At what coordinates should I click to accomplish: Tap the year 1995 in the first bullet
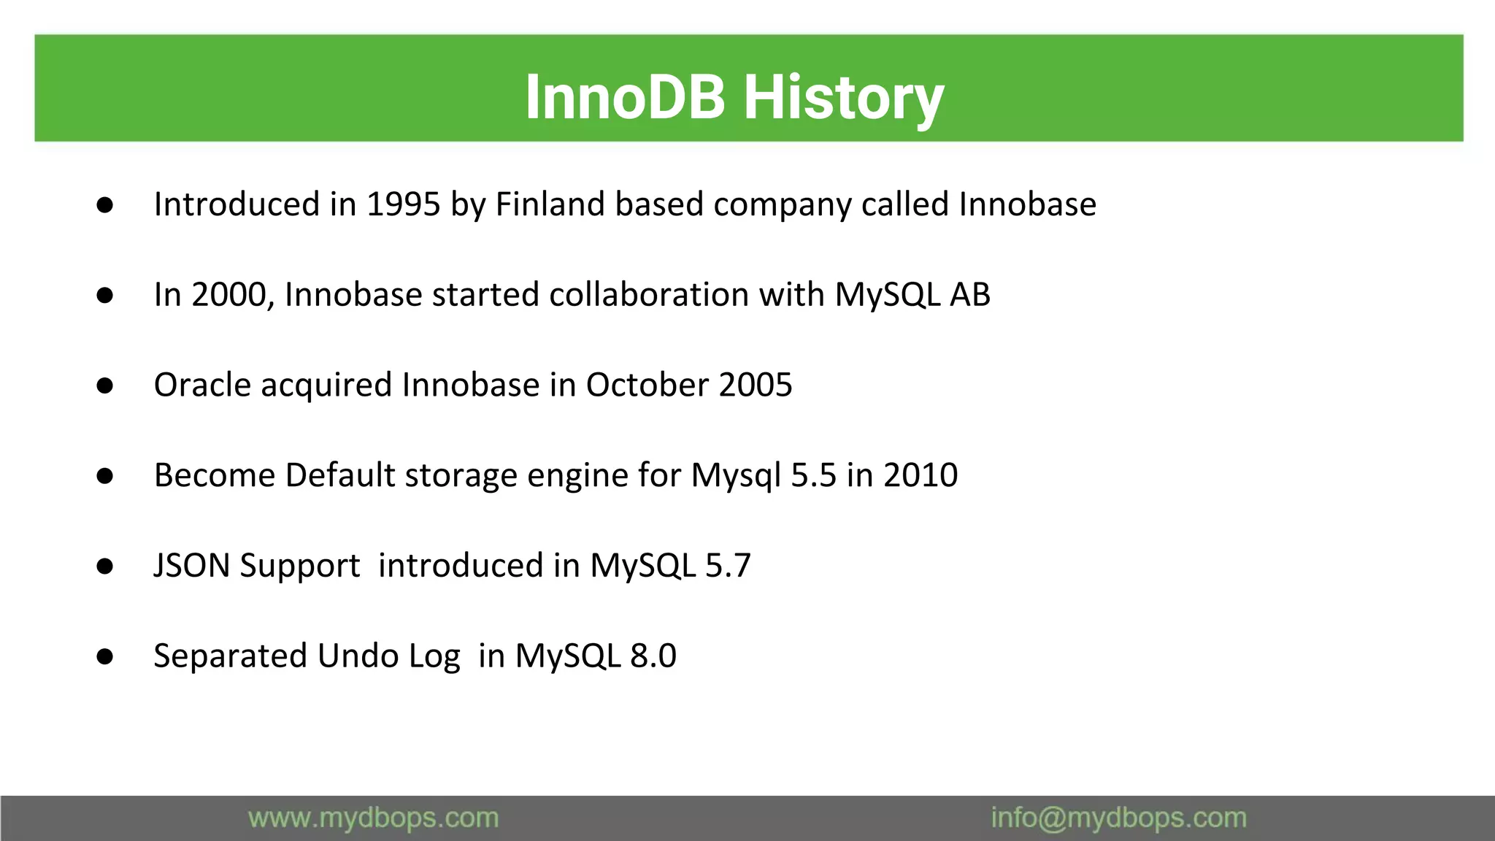[x=404, y=204]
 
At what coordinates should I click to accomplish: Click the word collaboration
[x=649, y=295]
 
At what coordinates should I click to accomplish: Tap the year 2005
[x=756, y=385]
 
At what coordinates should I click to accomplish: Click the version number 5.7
[x=728, y=566]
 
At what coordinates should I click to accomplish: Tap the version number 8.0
[x=653, y=656]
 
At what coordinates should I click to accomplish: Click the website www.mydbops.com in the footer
[x=373, y=818]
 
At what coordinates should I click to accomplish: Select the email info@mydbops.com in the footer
[x=1118, y=818]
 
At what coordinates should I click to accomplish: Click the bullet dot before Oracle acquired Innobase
[x=105, y=385]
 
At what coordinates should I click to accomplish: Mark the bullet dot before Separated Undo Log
[x=105, y=656]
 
